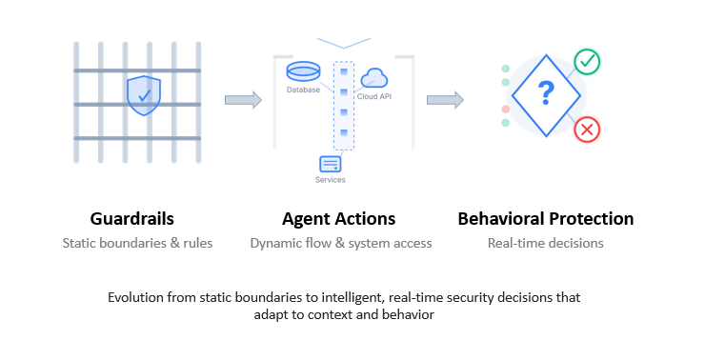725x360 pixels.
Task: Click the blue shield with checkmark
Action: click(143, 95)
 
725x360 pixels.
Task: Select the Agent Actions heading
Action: click(339, 219)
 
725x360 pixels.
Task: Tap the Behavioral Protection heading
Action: click(545, 219)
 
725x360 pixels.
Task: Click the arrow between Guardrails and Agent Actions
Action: click(243, 99)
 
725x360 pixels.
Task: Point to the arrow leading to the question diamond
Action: click(445, 99)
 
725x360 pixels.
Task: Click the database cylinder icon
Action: click(304, 72)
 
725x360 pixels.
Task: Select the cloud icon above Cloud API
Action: click(373, 78)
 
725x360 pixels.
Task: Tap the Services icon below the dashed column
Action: click(331, 163)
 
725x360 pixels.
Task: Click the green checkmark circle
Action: click(587, 63)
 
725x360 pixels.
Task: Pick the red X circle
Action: click(587, 130)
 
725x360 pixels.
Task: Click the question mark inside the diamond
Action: click(546, 93)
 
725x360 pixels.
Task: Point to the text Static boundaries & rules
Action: click(137, 243)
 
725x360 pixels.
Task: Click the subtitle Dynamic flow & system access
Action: click(341, 243)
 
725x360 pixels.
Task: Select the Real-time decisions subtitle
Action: click(545, 243)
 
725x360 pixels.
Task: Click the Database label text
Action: click(303, 90)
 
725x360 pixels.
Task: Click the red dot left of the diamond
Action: click(506, 110)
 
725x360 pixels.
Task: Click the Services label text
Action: click(330, 179)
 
